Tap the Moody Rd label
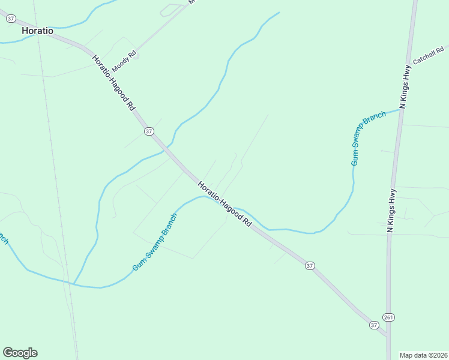[x=125, y=58]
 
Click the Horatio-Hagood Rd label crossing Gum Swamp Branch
[x=224, y=204]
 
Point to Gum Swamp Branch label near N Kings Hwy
[x=368, y=138]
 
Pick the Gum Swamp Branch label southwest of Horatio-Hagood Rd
[x=155, y=242]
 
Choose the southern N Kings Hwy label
[x=391, y=211]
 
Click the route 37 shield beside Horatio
[x=10, y=19]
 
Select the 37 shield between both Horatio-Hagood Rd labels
[x=149, y=131]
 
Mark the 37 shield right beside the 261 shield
[x=374, y=325]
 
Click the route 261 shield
[x=388, y=317]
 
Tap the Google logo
[x=20, y=353]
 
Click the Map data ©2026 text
[x=424, y=355]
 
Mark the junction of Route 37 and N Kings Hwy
[x=388, y=336]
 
